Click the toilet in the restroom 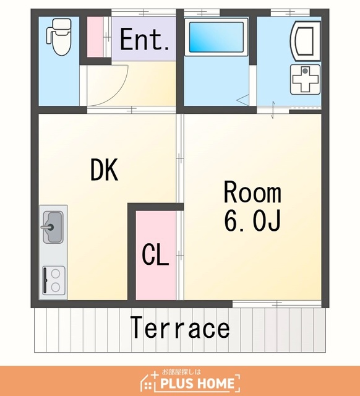tap(59, 37)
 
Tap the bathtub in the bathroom tap(216, 37)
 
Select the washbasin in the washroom tap(305, 41)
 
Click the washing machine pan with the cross tap(305, 79)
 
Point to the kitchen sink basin tap(53, 227)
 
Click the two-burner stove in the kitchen tap(54, 280)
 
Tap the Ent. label tap(144, 40)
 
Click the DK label tap(105, 170)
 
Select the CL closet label tap(155, 254)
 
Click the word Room tap(252, 192)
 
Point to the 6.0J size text tap(252, 220)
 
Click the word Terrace tap(180, 327)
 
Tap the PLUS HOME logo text tap(198, 383)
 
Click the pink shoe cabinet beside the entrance tap(95, 37)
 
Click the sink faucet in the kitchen tap(48, 227)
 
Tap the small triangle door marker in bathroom tap(242, 100)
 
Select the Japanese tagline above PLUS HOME tap(181, 372)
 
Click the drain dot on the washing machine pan tap(306, 71)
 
